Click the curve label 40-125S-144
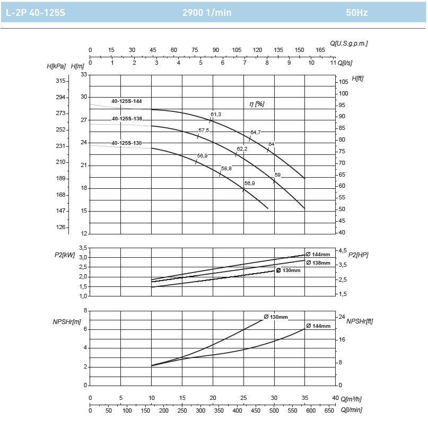click(x=126, y=101)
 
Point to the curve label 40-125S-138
click(x=126, y=119)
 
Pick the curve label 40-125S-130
click(x=126, y=143)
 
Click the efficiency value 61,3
click(x=216, y=115)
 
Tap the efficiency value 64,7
click(x=256, y=132)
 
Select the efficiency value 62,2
click(x=242, y=149)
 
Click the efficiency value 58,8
click(x=226, y=168)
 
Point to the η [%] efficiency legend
click(x=257, y=104)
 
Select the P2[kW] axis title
click(x=65, y=255)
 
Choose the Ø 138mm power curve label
click(x=318, y=263)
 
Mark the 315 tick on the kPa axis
click(x=60, y=81)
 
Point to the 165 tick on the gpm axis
click(x=320, y=50)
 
